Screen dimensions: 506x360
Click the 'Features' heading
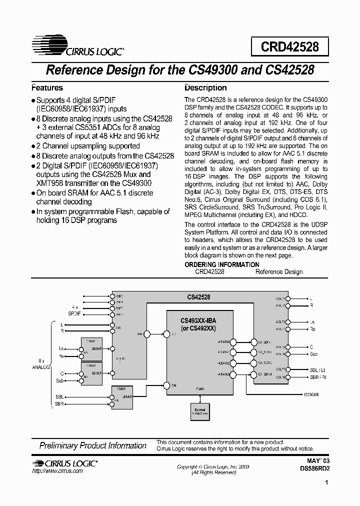coord(48,87)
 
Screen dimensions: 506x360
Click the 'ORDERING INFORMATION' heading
coord(222,264)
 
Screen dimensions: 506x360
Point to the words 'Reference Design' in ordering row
coord(279,271)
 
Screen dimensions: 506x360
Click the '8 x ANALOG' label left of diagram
coord(41,363)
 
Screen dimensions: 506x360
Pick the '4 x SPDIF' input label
coord(74,310)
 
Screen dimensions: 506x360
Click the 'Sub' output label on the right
coord(313,354)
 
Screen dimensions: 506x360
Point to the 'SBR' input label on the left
coord(59,403)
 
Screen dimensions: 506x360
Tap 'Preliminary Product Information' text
coord(93,445)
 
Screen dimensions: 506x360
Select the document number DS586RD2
coord(315,469)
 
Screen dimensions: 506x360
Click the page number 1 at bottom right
coord(326,483)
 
